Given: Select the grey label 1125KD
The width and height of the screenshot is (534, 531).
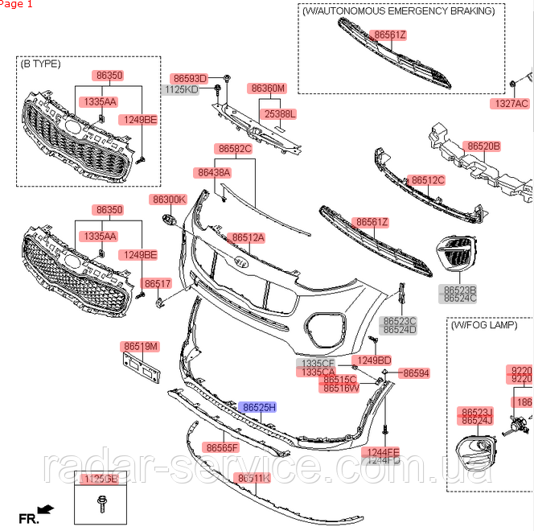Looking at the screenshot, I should click(180, 89).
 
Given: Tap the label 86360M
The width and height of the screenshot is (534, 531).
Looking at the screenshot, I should click(268, 88).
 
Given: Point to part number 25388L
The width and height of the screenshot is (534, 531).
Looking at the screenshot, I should click(280, 114).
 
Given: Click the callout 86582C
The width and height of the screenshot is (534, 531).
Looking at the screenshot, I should click(234, 149).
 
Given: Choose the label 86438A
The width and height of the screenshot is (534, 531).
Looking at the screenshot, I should click(212, 172).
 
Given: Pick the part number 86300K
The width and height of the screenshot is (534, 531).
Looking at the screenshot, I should click(169, 199).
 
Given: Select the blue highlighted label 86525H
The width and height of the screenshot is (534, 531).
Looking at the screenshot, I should click(258, 408).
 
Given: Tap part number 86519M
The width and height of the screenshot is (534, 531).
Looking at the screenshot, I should click(141, 346).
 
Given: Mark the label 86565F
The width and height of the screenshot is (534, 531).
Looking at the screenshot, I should click(222, 447).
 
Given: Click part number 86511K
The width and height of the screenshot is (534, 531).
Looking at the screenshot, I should click(253, 478).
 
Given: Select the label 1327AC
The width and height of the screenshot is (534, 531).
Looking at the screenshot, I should click(511, 104).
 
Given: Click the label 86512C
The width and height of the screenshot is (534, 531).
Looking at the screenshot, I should click(426, 180).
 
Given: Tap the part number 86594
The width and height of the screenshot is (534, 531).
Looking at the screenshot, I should click(416, 373).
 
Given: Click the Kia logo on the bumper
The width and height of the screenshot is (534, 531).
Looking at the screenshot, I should click(239, 264).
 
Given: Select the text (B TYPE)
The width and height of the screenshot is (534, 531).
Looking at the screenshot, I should click(41, 63).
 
